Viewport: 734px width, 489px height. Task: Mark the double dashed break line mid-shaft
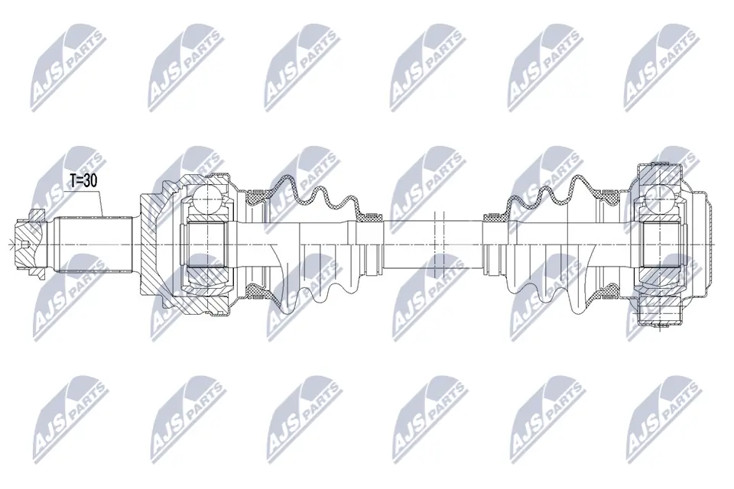pyautogui.click(x=437, y=243)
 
